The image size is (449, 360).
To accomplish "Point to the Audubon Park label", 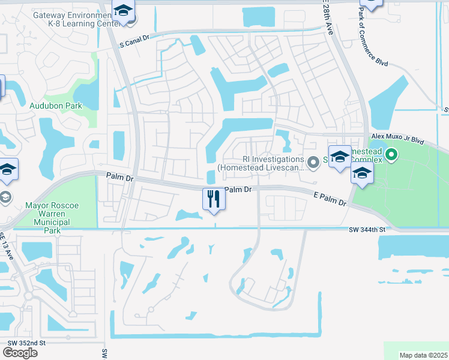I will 56,106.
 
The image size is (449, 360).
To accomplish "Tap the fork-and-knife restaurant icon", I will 214,199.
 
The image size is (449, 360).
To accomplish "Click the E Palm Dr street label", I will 330,199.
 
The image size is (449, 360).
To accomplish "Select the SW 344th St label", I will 366,229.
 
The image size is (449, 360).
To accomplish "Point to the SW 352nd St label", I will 26,343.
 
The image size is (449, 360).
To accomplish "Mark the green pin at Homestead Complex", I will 391,155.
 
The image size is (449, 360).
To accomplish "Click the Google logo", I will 20,352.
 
